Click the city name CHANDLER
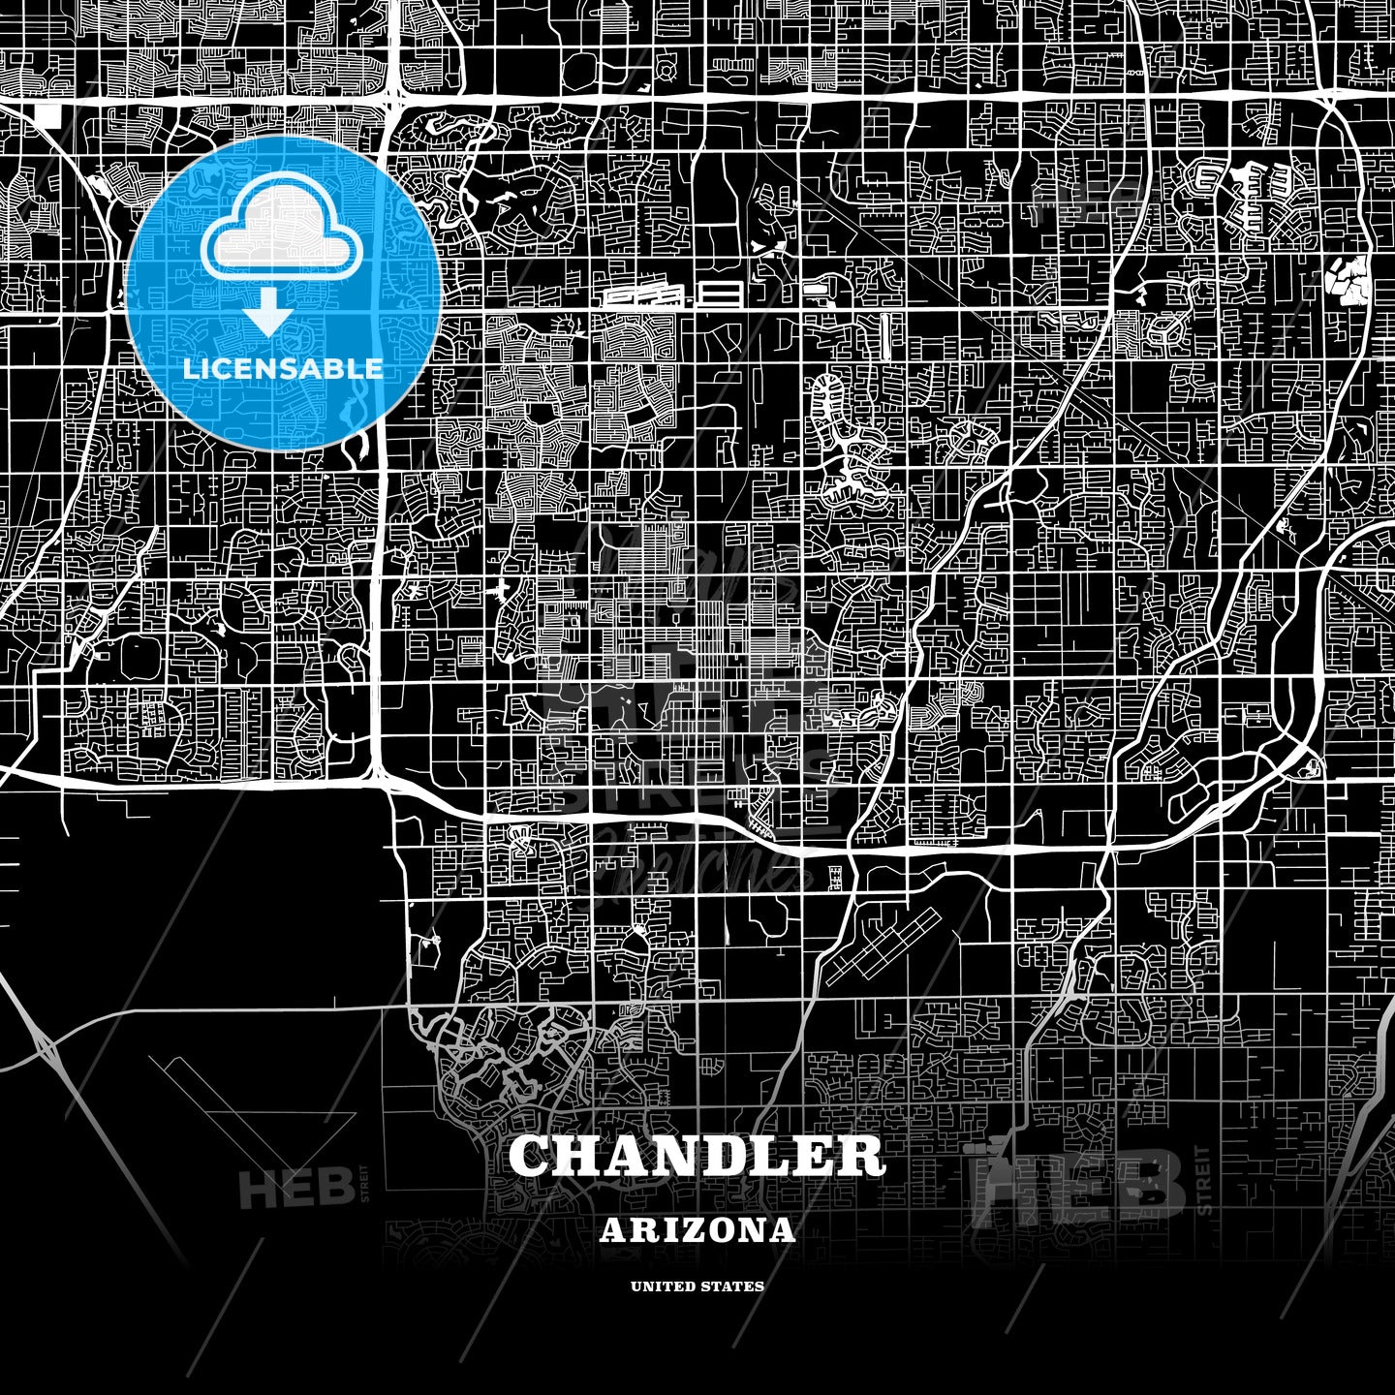(697, 1155)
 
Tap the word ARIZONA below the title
(697, 1230)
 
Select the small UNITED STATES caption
(697, 1286)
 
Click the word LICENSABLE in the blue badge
(283, 369)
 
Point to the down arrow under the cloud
(268, 315)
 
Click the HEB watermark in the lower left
(296, 1188)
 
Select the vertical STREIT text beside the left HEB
(365, 1183)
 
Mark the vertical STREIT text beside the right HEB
(1203, 1181)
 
